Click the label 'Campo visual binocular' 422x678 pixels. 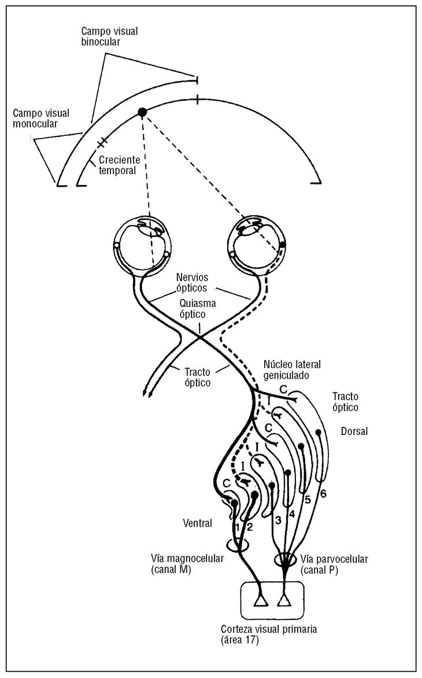pyautogui.click(x=106, y=36)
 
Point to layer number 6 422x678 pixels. pyautogui.click(x=323, y=493)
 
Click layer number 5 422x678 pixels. pyautogui.click(x=308, y=499)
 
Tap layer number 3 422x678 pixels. pyautogui.click(x=278, y=519)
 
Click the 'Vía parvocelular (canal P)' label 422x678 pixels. pyautogui.click(x=335, y=565)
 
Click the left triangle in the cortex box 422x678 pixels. pyautogui.click(x=261, y=602)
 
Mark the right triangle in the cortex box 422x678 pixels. pyautogui.click(x=283, y=602)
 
